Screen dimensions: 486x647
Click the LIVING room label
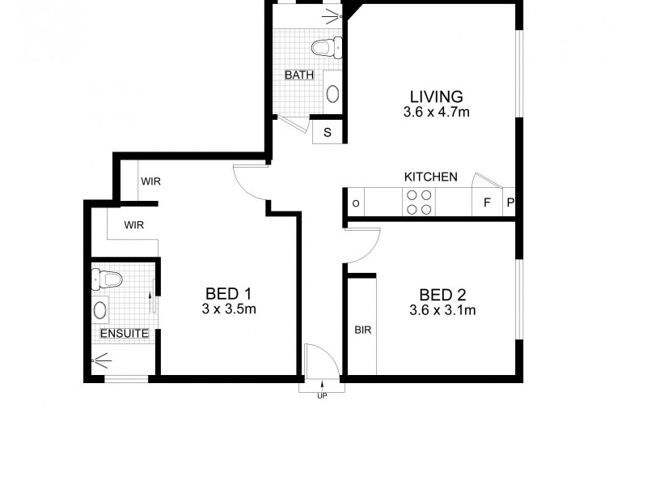(436, 96)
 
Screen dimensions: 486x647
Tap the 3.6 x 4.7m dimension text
(436, 113)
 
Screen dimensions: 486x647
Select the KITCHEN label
(431, 177)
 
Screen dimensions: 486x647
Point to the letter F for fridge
(487, 202)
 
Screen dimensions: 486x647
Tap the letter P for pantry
(510, 202)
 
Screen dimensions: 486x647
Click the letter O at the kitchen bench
(356, 202)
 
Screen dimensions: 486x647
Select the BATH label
(298, 75)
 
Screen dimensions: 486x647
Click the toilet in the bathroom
(326, 47)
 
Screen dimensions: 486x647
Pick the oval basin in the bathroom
(332, 93)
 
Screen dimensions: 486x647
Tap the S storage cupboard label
(328, 132)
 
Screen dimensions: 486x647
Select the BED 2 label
(442, 295)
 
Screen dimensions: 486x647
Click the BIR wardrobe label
(362, 330)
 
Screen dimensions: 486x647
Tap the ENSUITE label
(124, 333)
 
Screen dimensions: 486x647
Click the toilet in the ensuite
(108, 279)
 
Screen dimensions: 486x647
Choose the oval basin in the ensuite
(100, 309)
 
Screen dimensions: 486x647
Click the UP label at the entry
(322, 395)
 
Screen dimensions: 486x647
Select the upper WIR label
(150, 181)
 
